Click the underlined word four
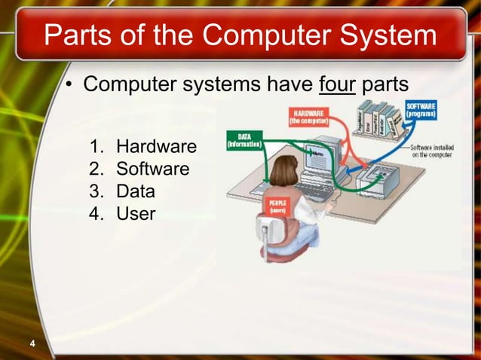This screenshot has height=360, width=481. [337, 84]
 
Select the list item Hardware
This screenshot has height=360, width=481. [156, 145]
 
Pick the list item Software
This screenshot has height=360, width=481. [152, 169]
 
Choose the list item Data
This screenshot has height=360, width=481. [136, 191]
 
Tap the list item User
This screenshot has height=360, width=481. [136, 214]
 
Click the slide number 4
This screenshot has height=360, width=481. [32, 345]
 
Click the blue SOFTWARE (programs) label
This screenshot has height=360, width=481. [421, 111]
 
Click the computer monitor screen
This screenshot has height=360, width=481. [320, 155]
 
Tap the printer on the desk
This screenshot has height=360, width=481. [381, 178]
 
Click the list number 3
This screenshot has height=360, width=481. [94, 191]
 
